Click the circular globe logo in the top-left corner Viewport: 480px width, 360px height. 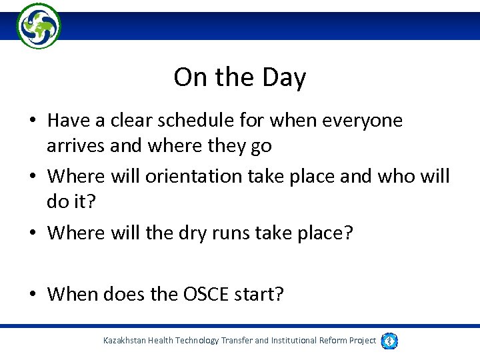[39, 25]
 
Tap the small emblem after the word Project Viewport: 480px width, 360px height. [389, 341]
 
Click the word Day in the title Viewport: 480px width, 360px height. [283, 78]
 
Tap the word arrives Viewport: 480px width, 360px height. [76, 145]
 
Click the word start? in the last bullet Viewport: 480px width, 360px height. [257, 294]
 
